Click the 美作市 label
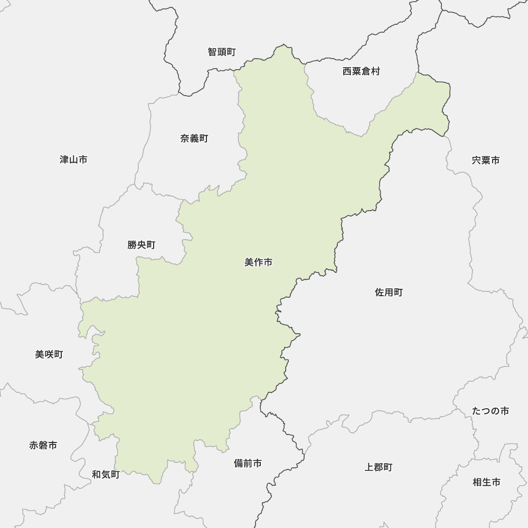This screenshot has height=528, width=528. (x=258, y=262)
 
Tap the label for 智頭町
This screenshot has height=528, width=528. (x=222, y=52)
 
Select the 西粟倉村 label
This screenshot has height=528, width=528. (x=361, y=71)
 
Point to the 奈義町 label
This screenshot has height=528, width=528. (x=194, y=138)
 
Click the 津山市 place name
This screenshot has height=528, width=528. (x=73, y=159)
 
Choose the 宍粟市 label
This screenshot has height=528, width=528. (x=485, y=160)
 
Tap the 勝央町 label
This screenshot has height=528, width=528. (x=142, y=245)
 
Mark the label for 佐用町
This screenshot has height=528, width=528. (x=389, y=292)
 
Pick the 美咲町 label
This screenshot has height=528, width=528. (x=49, y=354)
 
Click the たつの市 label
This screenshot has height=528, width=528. (x=491, y=411)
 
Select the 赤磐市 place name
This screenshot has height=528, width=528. (x=43, y=445)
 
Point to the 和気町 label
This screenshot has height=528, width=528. (x=106, y=475)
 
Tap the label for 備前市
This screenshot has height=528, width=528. (x=248, y=463)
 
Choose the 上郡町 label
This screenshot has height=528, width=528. (x=379, y=467)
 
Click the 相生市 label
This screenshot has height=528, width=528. (x=486, y=482)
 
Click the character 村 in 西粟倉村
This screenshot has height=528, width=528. (x=375, y=71)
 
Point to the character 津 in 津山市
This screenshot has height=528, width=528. (x=64, y=159)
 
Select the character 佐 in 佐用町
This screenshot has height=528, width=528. (x=380, y=292)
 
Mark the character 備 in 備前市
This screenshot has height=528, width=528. (x=239, y=463)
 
